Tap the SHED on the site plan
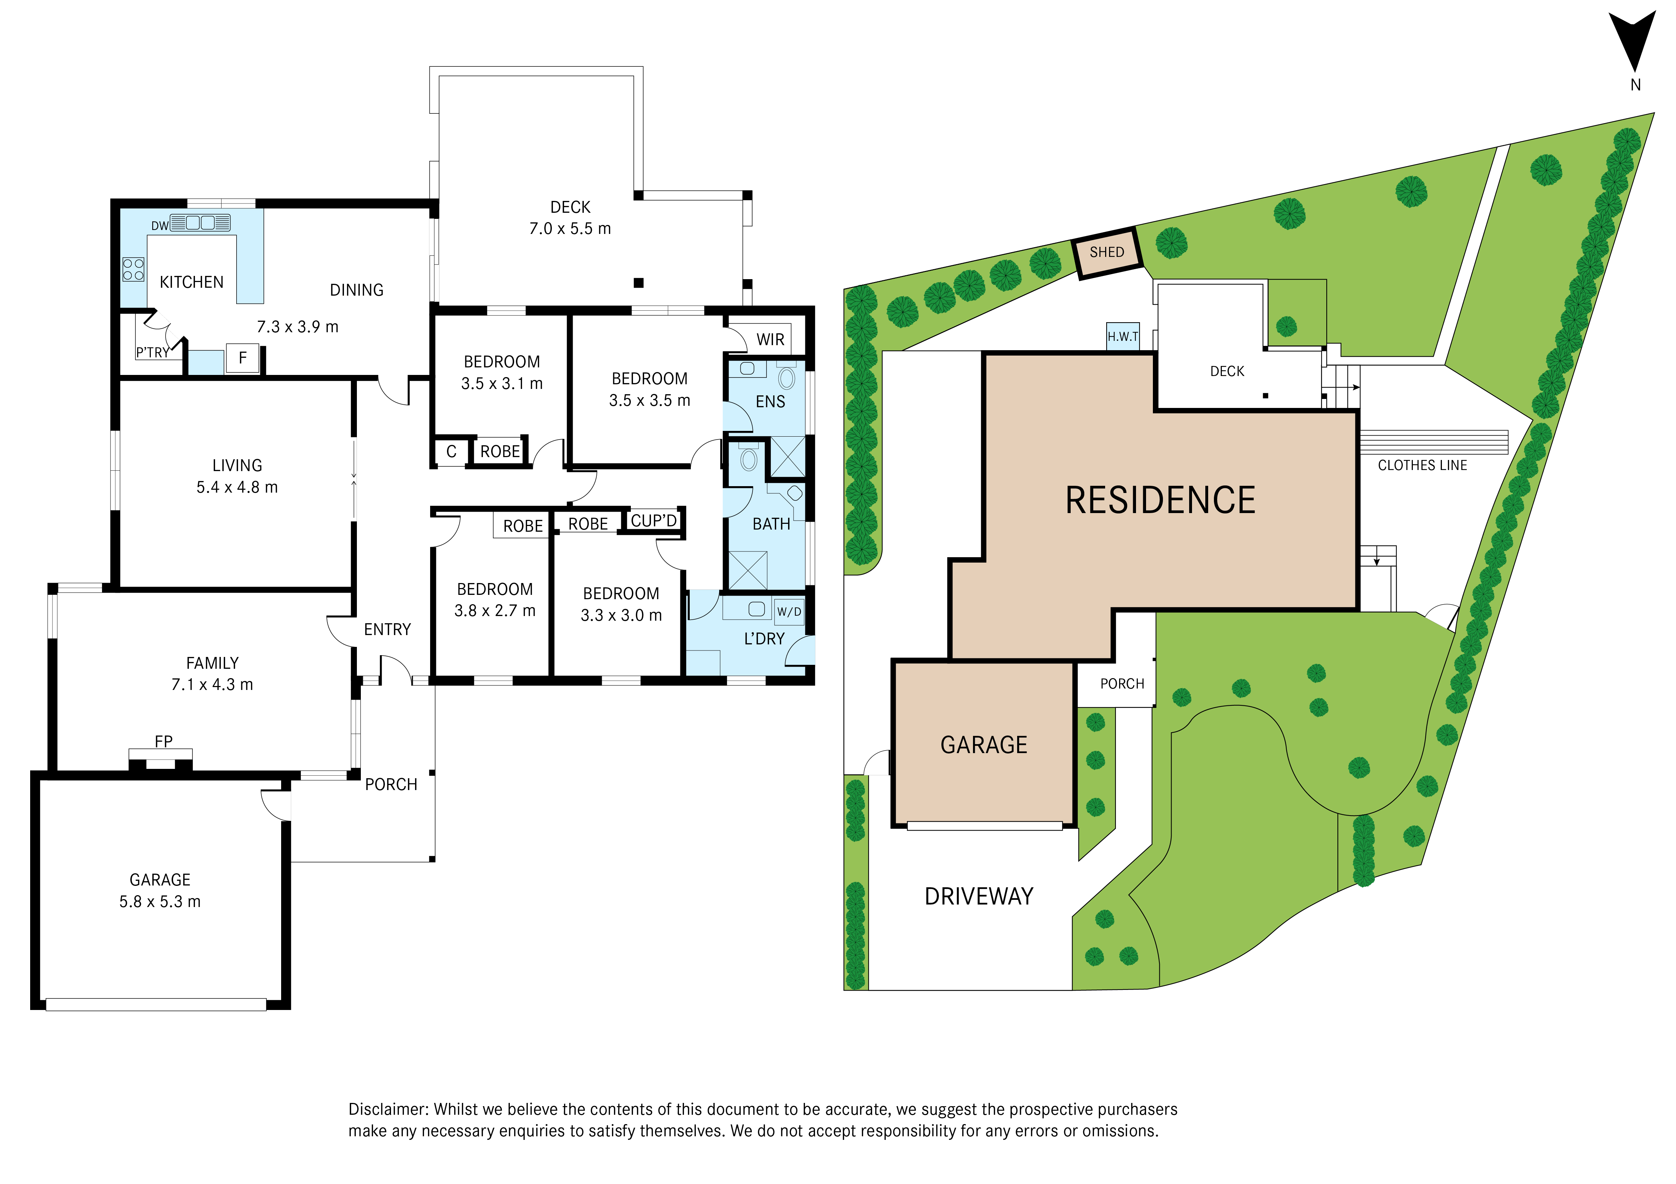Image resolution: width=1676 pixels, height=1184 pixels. pyautogui.click(x=1107, y=253)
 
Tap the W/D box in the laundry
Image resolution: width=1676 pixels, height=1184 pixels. pyautogui.click(x=789, y=611)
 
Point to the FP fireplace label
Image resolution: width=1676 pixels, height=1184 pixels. pyautogui.click(x=163, y=741)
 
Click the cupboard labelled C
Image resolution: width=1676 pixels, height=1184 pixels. pyautogui.click(x=451, y=452)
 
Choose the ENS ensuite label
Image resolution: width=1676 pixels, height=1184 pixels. pyautogui.click(x=770, y=402)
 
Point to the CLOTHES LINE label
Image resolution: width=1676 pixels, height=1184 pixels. pyautogui.click(x=1422, y=465)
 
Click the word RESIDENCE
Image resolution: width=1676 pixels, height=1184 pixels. pyautogui.click(x=1160, y=501)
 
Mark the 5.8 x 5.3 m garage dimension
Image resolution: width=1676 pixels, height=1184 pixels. pyautogui.click(x=160, y=902)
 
